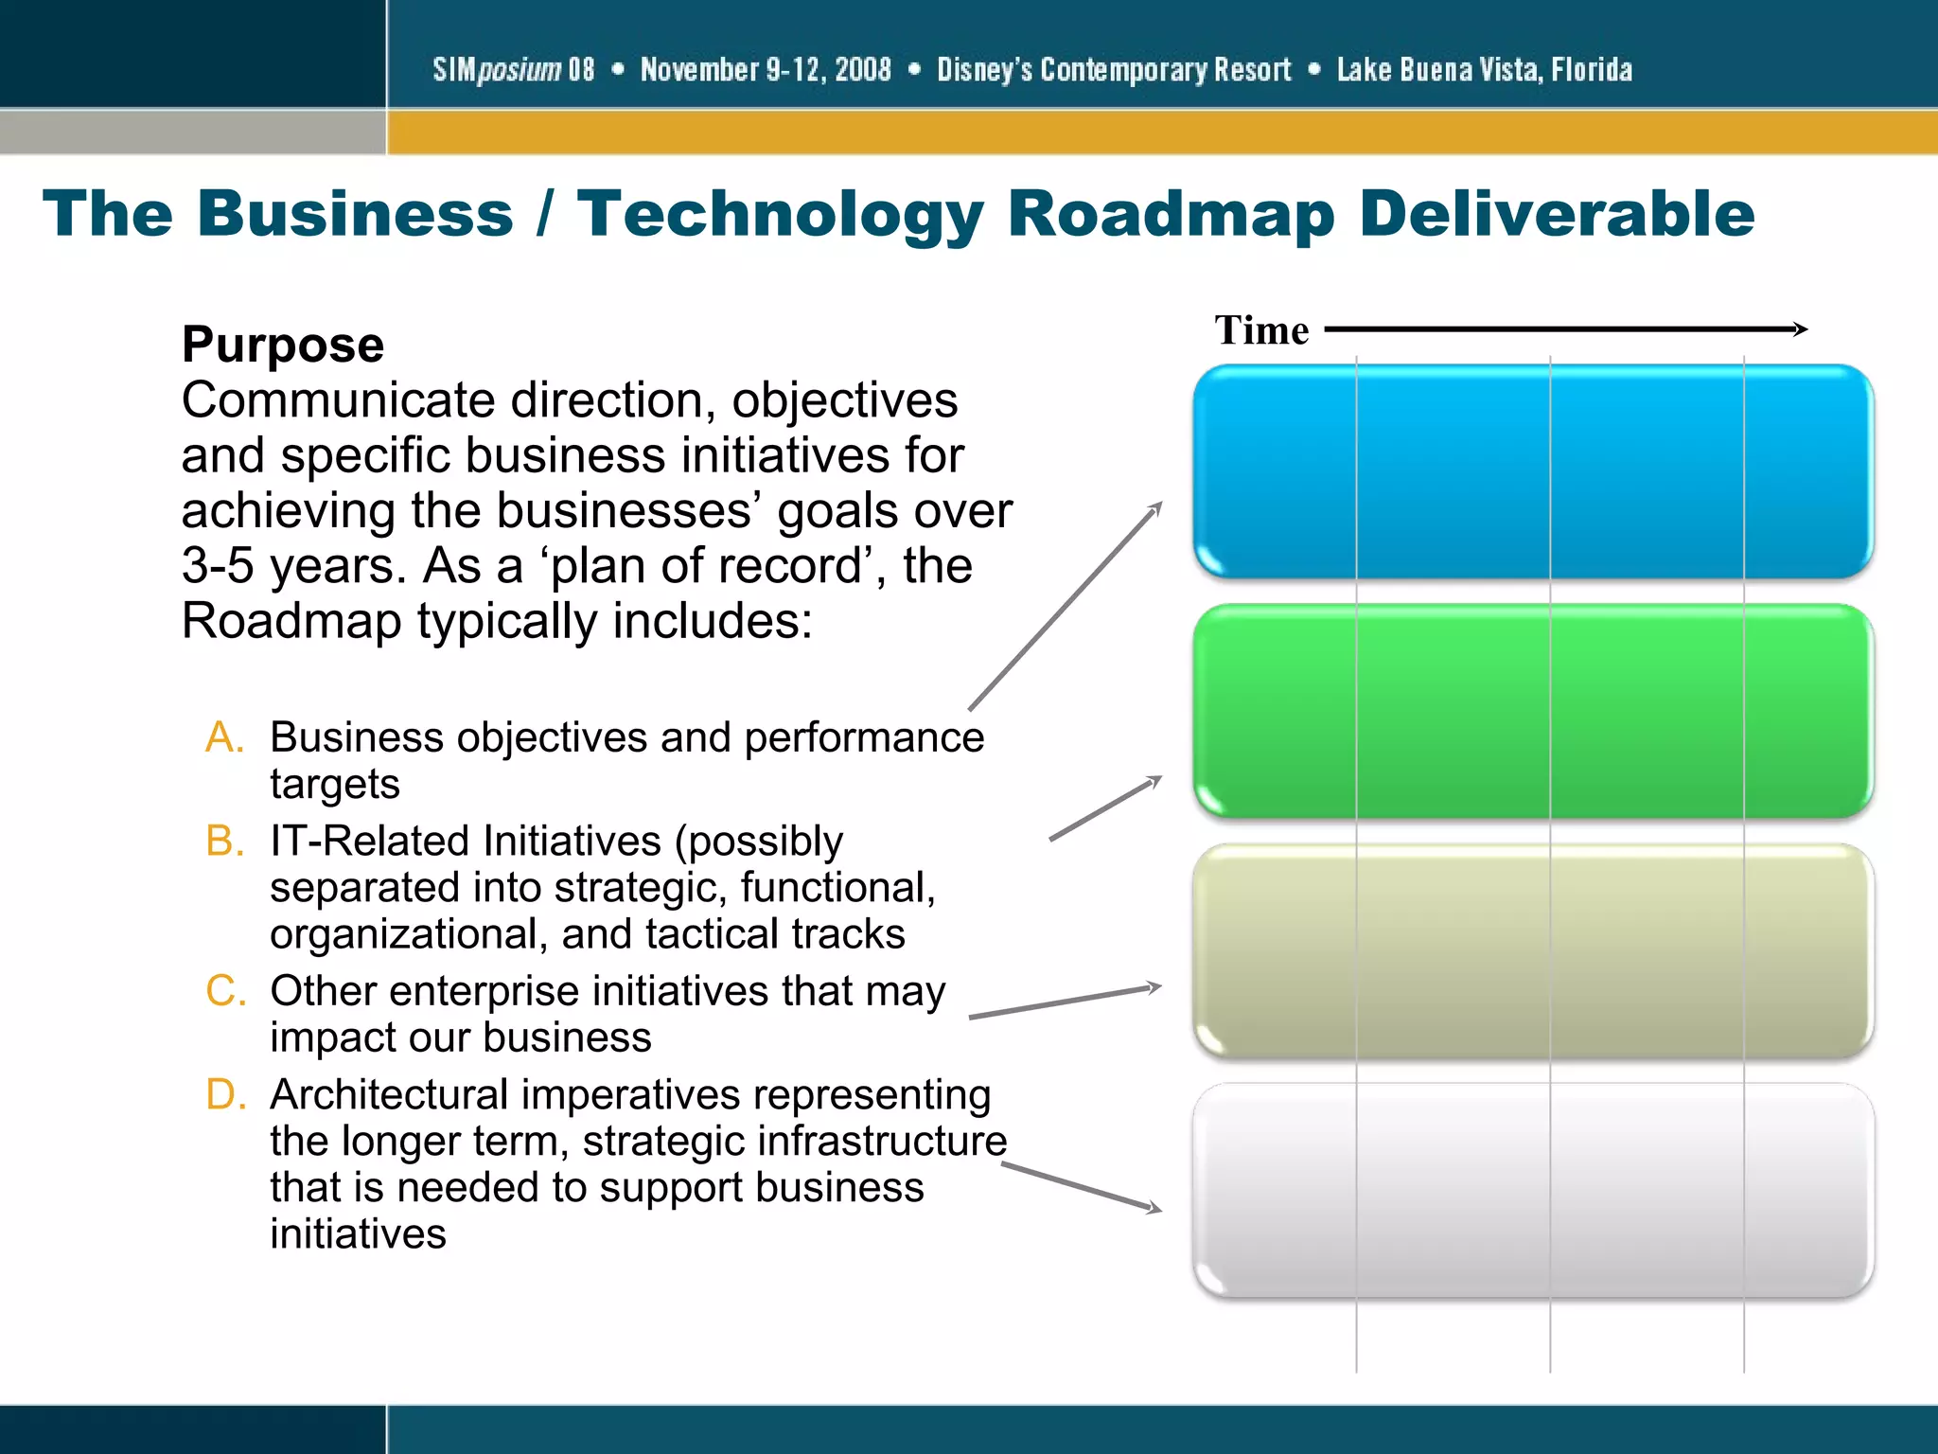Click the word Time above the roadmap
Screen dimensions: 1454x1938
click(1261, 330)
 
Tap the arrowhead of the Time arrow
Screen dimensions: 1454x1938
click(1801, 329)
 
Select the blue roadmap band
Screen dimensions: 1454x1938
click(1533, 471)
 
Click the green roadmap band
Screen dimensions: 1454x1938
click(1533, 711)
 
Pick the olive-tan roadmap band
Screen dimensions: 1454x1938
click(1533, 950)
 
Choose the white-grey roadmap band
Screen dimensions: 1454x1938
click(1533, 1190)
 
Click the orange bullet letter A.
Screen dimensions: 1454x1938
click(225, 737)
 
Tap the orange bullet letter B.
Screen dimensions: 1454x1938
click(225, 841)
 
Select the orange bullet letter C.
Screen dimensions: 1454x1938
click(226, 991)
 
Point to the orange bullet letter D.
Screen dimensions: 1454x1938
click(226, 1094)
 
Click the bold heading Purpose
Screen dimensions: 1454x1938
click(283, 345)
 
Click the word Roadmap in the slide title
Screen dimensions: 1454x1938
click(1171, 214)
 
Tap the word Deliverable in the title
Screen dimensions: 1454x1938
click(1557, 214)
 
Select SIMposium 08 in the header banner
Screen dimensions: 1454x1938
click(514, 69)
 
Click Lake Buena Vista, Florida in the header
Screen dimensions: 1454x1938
click(1484, 69)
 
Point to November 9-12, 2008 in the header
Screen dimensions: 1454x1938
click(766, 69)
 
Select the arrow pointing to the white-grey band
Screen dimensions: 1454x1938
click(1082, 1187)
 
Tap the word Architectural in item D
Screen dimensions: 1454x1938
click(389, 1095)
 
